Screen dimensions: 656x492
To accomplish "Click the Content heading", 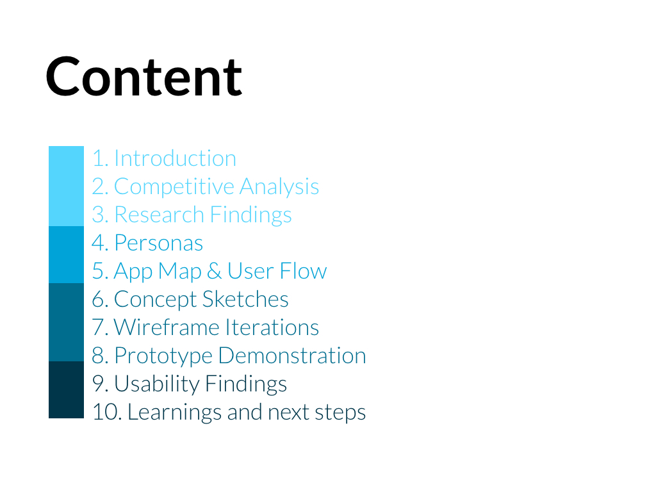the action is (143, 77).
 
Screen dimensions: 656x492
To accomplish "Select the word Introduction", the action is (176, 159).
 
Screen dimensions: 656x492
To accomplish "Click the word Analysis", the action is (279, 187).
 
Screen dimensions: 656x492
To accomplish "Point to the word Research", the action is (160, 215).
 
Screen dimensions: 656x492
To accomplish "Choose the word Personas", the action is (159, 243).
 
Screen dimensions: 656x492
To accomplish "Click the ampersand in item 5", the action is (214, 271).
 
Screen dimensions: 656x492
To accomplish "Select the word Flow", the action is (304, 271).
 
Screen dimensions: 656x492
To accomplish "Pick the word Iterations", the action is (272, 327).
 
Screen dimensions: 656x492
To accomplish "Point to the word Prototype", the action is (163, 356).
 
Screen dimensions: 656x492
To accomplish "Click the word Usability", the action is (157, 384).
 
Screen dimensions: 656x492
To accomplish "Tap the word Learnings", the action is (174, 413).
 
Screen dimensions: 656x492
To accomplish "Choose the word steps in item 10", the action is (340, 413).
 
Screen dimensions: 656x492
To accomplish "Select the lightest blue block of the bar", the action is (66, 186).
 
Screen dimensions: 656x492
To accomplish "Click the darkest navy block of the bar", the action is (66, 390).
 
